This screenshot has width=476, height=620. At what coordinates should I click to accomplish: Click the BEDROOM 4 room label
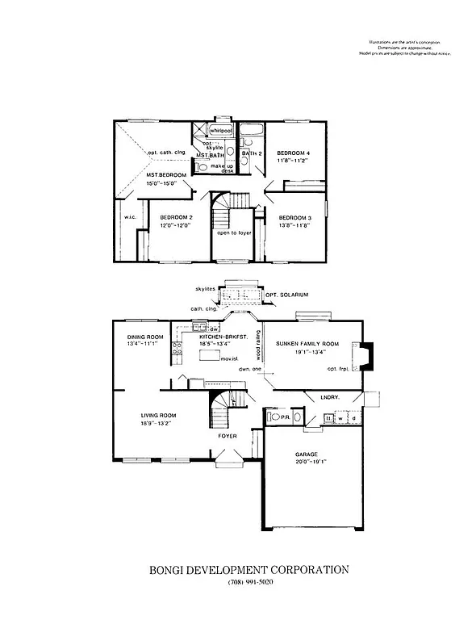(293, 153)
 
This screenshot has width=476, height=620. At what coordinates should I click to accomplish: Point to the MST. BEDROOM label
(166, 175)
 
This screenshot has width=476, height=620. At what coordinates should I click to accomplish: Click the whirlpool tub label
(220, 129)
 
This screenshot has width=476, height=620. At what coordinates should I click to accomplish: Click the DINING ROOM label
(146, 337)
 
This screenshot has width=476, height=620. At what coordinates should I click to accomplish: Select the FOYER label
(228, 436)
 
